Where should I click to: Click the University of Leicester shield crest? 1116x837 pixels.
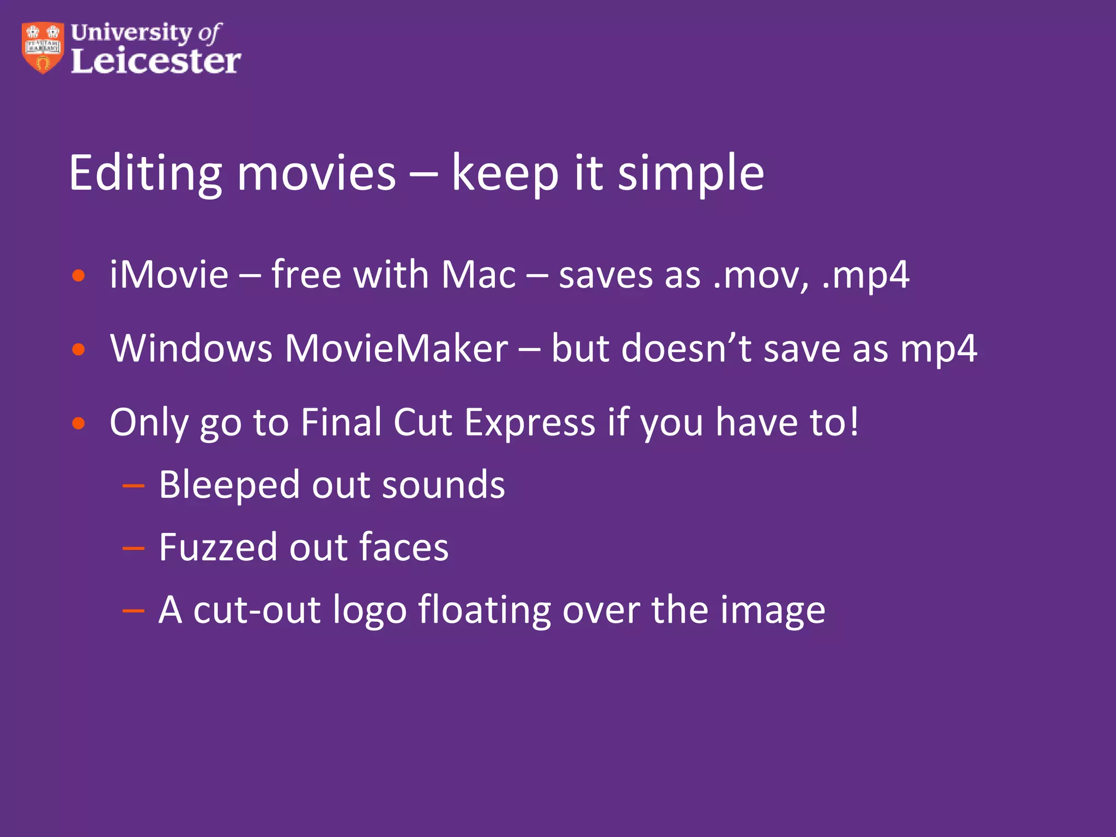[x=43, y=47]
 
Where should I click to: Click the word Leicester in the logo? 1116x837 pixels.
[x=156, y=60]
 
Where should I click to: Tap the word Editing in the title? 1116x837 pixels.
[x=145, y=173]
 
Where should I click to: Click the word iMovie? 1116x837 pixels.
[x=169, y=275]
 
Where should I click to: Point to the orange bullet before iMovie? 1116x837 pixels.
[x=79, y=276]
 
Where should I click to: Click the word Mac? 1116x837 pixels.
[x=478, y=275]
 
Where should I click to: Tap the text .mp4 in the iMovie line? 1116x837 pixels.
[x=865, y=276]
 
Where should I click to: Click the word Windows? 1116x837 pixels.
[x=191, y=348]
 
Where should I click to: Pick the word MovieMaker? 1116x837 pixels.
[x=396, y=348]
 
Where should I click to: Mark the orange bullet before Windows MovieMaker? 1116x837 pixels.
[x=79, y=349]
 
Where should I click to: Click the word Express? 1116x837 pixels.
[x=530, y=422]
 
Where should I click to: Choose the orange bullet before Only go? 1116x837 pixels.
[x=79, y=423]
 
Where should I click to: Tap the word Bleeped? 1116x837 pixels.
[x=229, y=485]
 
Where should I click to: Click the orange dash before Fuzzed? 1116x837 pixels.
[x=134, y=547]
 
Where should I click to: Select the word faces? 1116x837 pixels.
[x=404, y=547]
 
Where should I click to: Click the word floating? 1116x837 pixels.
[x=484, y=610]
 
